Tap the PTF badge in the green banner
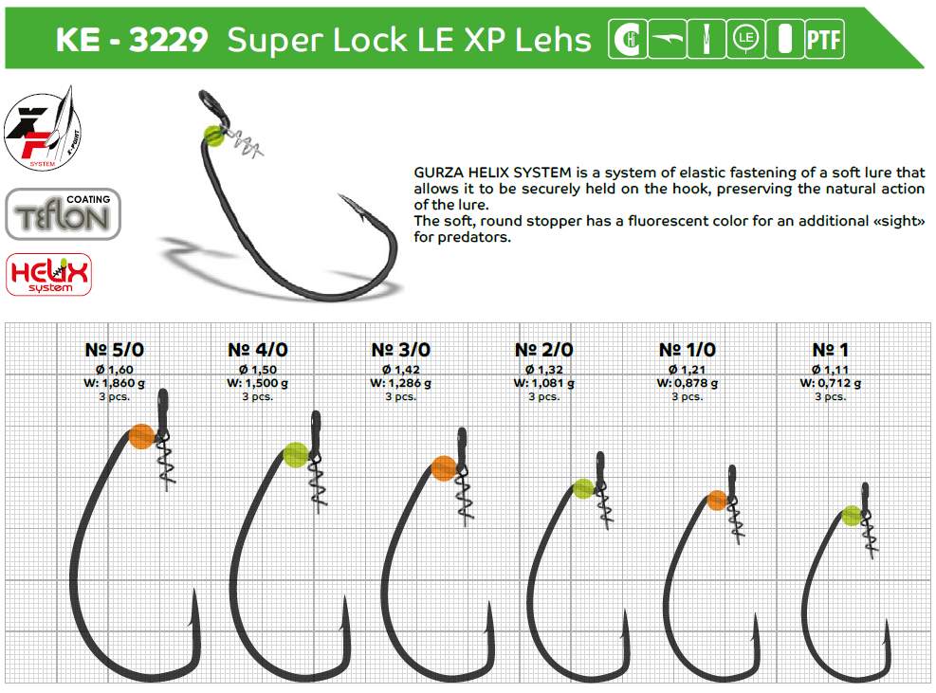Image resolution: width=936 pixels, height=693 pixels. [x=823, y=40]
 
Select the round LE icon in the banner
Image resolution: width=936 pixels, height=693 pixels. [x=744, y=40]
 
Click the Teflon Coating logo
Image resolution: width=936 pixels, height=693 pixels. [x=64, y=213]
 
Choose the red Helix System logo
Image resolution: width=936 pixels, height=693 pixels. [x=48, y=274]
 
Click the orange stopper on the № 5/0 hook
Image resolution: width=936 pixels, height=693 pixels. [x=141, y=436]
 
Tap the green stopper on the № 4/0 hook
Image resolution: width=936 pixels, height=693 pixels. [x=295, y=455]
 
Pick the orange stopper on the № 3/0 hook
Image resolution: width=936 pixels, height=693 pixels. [x=444, y=467]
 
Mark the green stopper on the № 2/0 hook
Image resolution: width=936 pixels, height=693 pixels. [x=583, y=489]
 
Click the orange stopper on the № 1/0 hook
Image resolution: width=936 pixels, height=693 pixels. [x=718, y=501]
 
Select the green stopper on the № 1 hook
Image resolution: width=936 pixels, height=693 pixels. [x=852, y=516]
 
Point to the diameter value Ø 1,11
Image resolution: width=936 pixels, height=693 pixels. [x=830, y=369]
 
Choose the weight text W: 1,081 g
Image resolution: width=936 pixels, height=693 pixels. [x=543, y=383]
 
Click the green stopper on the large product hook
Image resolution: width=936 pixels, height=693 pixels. [x=214, y=135]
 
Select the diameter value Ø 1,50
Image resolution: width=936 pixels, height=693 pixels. [x=258, y=369]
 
